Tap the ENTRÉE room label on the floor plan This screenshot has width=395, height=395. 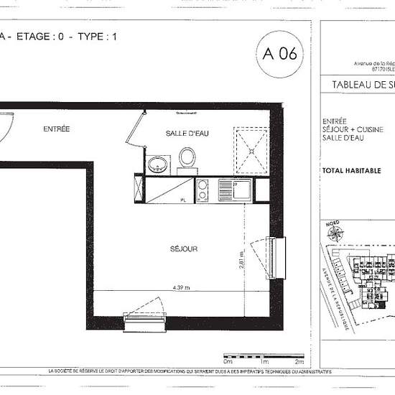pyautogui.click(x=56, y=129)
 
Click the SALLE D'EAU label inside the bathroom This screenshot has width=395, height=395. pyautogui.click(x=187, y=134)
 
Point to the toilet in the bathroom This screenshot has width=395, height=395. pyautogui.click(x=187, y=159)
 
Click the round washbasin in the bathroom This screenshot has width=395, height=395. pyautogui.click(x=157, y=164)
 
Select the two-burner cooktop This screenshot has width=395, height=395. pyautogui.click(x=203, y=190)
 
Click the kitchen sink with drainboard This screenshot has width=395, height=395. pyautogui.click(x=234, y=190)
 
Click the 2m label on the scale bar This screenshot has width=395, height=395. pyautogui.click(x=297, y=363)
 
